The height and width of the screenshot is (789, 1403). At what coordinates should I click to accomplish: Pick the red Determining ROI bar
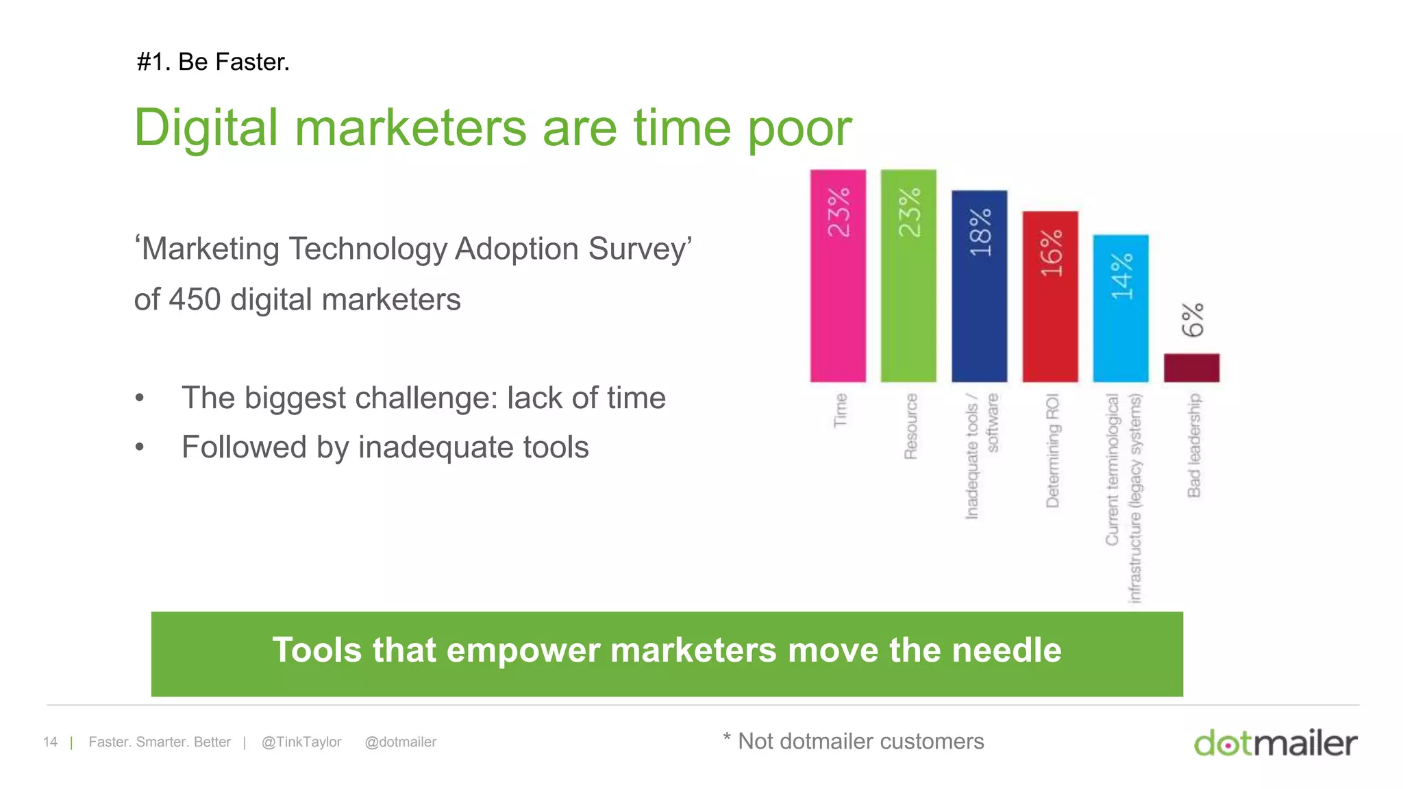point(1050,315)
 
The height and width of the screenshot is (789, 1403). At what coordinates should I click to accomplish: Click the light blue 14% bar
point(1121,329)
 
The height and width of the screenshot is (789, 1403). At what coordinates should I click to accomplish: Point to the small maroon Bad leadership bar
point(1191,368)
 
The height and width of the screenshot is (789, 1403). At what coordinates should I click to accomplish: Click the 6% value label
point(1193,320)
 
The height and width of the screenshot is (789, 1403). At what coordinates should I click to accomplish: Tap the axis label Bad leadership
point(1194,445)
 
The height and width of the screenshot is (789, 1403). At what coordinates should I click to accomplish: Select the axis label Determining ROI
point(1053,450)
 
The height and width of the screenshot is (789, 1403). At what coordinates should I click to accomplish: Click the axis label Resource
point(910,426)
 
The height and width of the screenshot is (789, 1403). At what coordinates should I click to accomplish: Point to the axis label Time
point(840,410)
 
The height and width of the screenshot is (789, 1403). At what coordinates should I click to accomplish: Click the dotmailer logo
point(1275,743)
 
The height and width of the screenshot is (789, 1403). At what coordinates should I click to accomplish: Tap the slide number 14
point(50,742)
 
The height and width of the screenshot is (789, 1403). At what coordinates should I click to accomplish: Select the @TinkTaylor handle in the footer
point(301,742)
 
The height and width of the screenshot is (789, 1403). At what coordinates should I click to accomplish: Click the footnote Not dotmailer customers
point(860,742)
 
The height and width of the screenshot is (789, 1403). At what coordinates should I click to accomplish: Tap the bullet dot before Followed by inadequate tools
point(140,448)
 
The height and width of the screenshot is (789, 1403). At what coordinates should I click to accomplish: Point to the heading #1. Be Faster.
point(213,62)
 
